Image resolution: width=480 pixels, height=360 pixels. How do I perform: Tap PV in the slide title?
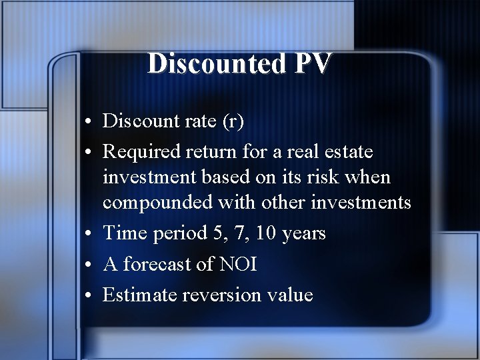(x=309, y=64)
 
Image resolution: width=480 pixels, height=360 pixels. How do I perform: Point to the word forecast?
(x=156, y=264)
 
